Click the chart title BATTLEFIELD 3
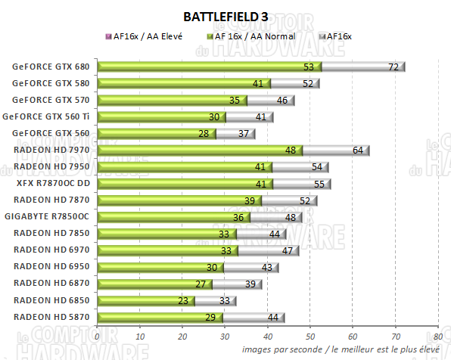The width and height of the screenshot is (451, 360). pos(225,16)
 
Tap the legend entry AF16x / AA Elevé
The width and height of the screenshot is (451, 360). pos(147,36)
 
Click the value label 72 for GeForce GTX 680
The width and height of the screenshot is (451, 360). pos(393,67)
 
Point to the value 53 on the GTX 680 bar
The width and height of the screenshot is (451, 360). pos(308,67)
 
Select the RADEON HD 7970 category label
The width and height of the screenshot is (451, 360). pos(52,150)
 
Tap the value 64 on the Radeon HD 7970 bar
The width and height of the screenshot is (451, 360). pos(358,150)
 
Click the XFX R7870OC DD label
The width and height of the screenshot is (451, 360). pos(53,183)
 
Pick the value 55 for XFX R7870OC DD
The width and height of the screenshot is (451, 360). pos(319,183)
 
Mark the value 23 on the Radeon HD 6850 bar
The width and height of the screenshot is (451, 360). pos(182,299)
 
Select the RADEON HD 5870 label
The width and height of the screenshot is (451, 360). pos(52,316)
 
